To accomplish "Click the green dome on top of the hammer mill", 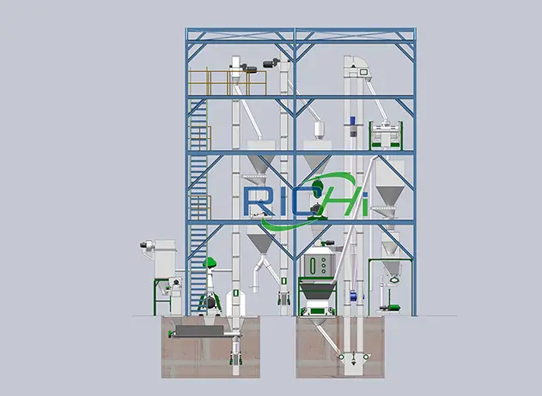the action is pyautogui.click(x=210, y=262).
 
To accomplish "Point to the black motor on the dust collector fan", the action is pyautogui.click(x=143, y=245).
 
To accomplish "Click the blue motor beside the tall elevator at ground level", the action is pyautogui.click(x=353, y=296).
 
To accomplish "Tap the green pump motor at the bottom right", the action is pyautogui.click(x=394, y=307).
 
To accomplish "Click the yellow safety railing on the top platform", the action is pyautogui.click(x=227, y=82).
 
